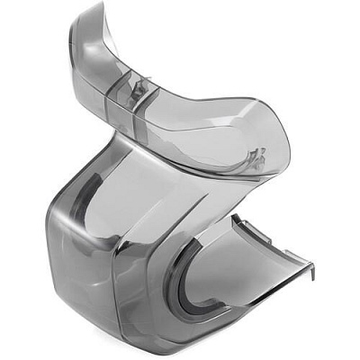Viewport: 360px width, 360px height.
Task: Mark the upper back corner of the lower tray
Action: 236,216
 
